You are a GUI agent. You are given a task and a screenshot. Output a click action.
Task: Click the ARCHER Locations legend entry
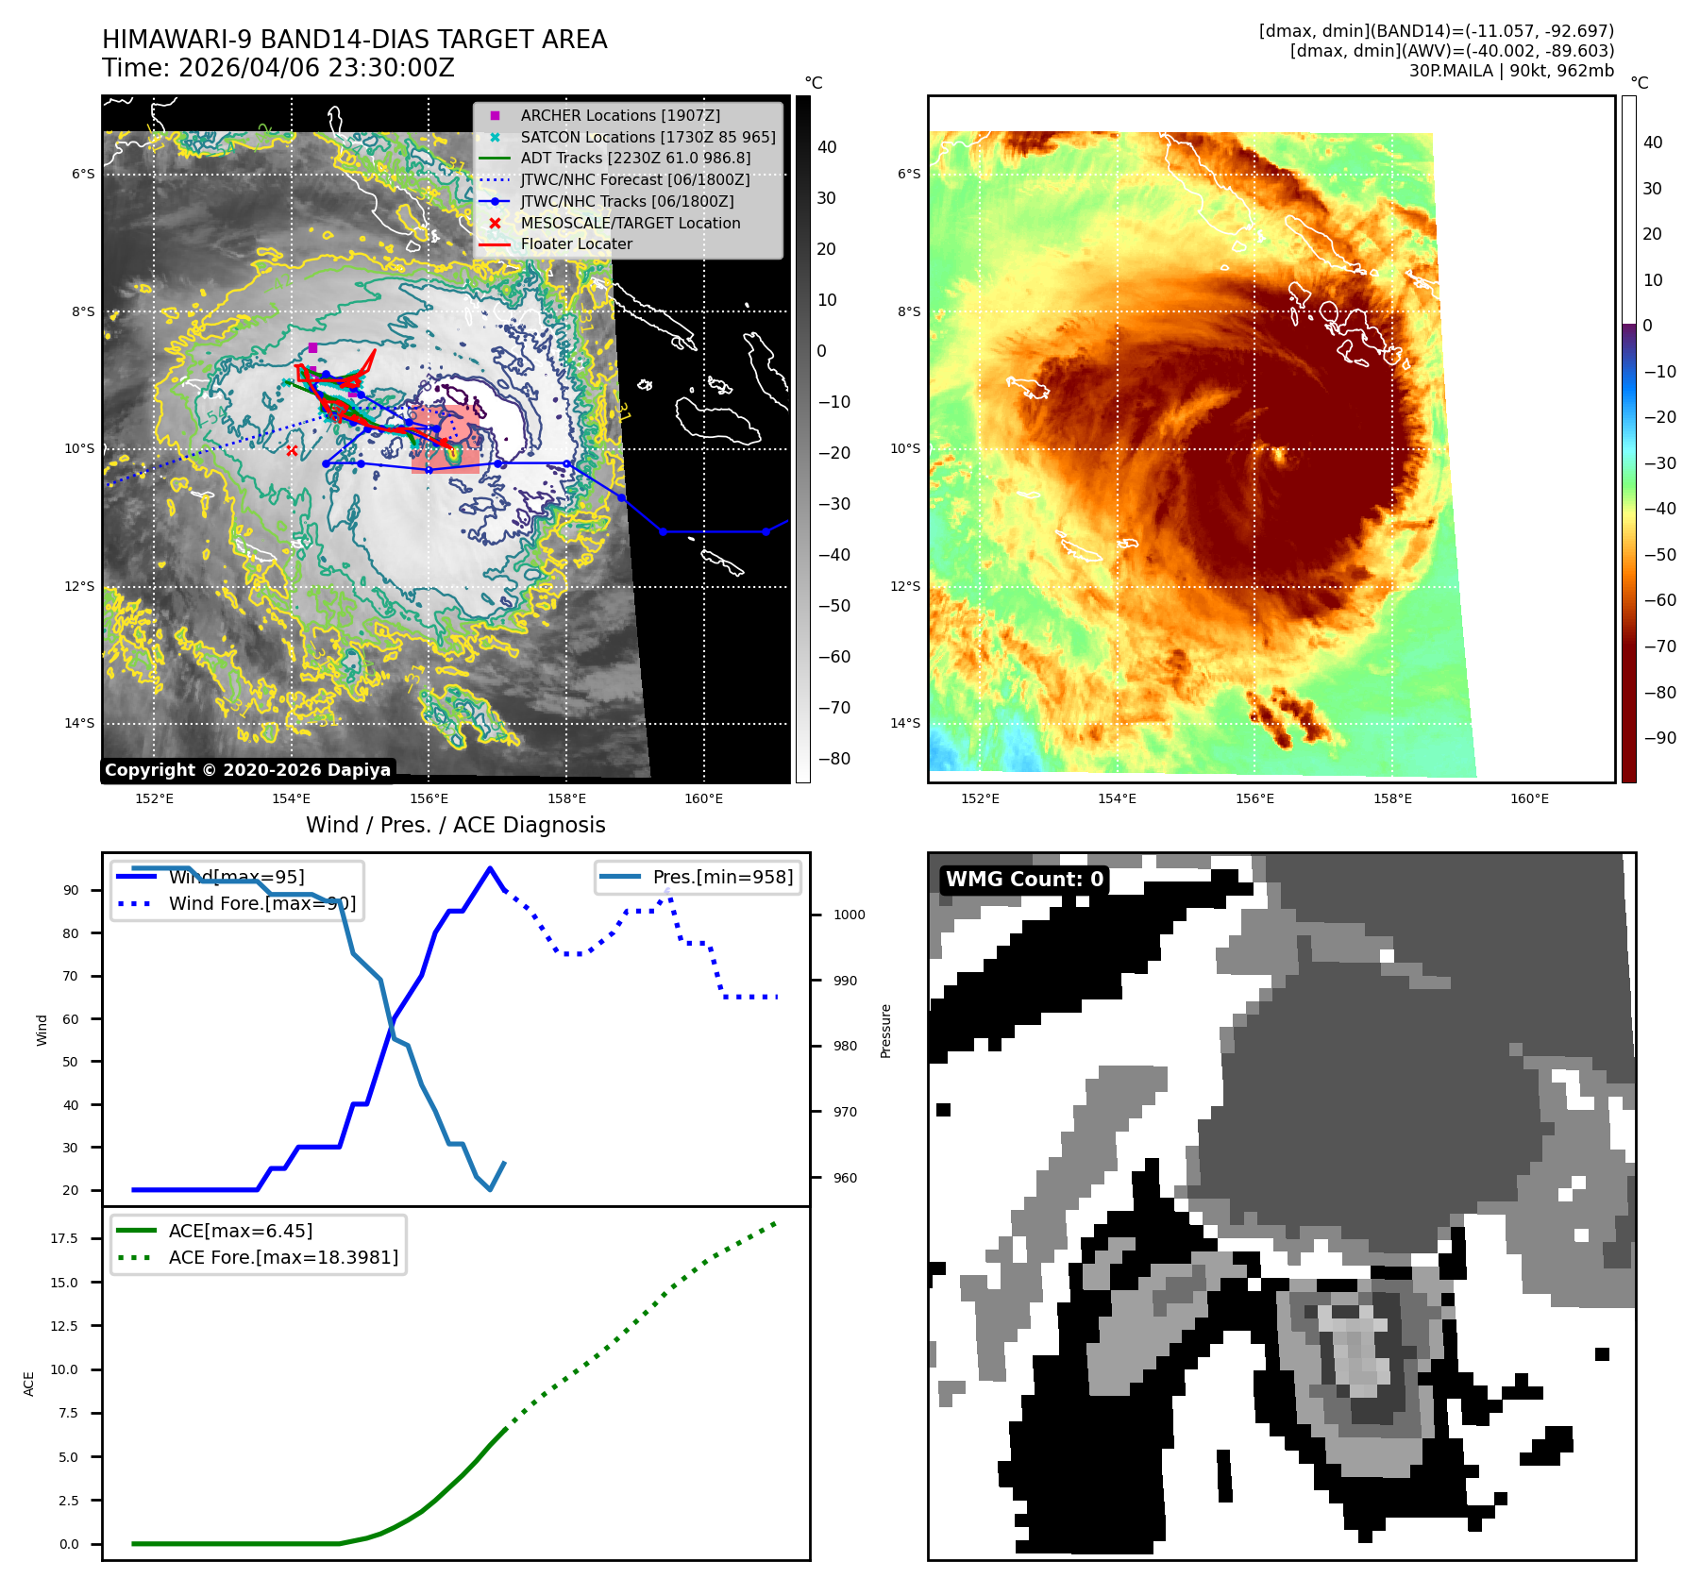coord(619,115)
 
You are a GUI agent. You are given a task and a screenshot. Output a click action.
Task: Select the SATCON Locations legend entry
coord(648,137)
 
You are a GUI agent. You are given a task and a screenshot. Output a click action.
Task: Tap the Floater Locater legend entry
coord(576,243)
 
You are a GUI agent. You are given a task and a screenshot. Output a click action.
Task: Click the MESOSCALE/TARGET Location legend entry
coord(630,223)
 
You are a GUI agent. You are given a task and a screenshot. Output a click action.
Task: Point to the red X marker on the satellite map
coord(292,451)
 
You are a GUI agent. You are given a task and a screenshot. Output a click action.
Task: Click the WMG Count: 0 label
coord(1024,880)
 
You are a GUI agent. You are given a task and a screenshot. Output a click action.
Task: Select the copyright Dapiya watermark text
coord(247,770)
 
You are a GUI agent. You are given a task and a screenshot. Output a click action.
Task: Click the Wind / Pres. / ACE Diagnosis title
coord(455,825)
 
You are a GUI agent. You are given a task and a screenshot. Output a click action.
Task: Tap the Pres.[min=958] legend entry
coord(722,877)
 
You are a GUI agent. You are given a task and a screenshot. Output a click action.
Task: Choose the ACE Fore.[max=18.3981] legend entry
coord(282,1257)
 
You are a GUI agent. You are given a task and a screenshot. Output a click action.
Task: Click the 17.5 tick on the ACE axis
coord(64,1238)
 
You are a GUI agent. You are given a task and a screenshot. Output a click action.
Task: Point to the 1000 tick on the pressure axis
coord(849,915)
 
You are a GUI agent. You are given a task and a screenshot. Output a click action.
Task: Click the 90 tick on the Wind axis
coord(71,890)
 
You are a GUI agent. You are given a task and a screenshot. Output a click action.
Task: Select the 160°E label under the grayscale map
coord(703,798)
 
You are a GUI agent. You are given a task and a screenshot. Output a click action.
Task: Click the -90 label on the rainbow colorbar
coord(1659,738)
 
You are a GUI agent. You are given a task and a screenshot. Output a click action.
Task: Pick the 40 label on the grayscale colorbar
coord(827,147)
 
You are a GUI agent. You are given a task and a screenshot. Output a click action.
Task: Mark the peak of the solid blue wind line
coord(489,868)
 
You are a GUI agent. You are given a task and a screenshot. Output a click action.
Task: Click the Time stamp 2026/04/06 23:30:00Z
coord(316,68)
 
